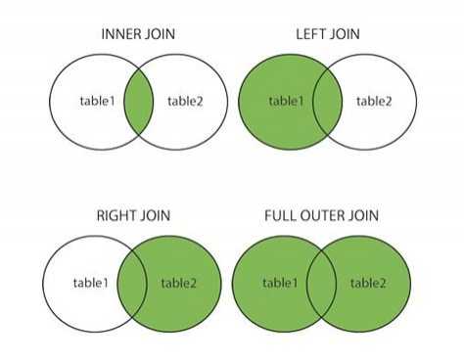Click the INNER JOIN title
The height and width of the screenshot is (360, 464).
(x=139, y=34)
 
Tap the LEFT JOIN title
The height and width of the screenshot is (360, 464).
(x=328, y=34)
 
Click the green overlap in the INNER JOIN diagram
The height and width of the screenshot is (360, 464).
(x=139, y=101)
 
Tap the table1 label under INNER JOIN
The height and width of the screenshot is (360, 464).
(x=98, y=101)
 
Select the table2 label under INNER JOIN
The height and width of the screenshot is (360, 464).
(x=186, y=101)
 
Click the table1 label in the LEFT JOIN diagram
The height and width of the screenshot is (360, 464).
(x=288, y=101)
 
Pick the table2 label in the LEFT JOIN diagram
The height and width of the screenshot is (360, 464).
(x=375, y=101)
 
